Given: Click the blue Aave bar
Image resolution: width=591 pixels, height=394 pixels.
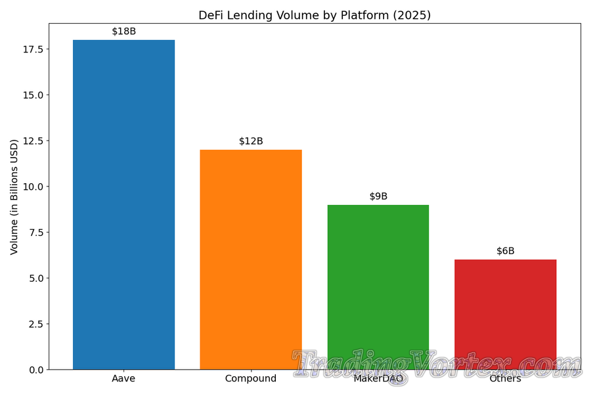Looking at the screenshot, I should point(123,204).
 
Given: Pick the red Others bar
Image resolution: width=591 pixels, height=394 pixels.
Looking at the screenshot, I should point(505,309).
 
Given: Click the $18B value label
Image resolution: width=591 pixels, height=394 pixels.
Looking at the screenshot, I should point(123,31).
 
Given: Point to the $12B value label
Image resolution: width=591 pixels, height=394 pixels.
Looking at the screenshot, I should point(251,141).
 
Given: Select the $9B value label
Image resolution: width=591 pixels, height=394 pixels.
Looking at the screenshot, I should point(378,196).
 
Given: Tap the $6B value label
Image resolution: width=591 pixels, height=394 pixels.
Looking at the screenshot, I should point(505,251).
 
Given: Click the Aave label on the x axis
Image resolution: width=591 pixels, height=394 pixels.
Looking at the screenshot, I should point(123,379).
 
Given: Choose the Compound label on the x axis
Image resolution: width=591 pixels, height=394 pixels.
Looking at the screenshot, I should point(251,379).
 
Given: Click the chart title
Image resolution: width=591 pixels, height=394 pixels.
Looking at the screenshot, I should point(315,15).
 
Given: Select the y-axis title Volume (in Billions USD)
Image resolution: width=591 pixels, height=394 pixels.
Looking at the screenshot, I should point(14,197).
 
